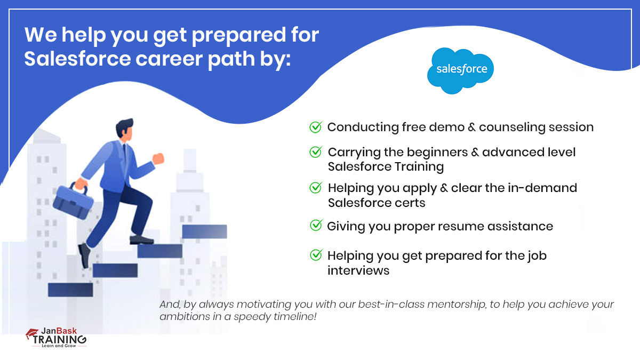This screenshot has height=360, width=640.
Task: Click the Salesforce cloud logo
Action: [460, 70]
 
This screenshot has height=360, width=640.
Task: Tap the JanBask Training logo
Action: [56, 338]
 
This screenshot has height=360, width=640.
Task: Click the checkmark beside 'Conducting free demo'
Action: [316, 127]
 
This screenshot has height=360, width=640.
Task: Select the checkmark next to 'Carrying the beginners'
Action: [316, 152]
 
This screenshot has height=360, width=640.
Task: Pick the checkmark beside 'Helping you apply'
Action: [316, 188]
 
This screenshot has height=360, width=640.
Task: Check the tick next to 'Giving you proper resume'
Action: [316, 226]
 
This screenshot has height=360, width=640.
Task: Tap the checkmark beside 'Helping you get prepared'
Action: [316, 255]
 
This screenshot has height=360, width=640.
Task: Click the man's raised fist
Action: [158, 158]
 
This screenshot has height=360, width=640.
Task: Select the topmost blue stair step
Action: [204, 231]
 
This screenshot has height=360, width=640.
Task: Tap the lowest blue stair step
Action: [70, 289]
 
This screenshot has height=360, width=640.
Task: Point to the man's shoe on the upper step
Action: [141, 240]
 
